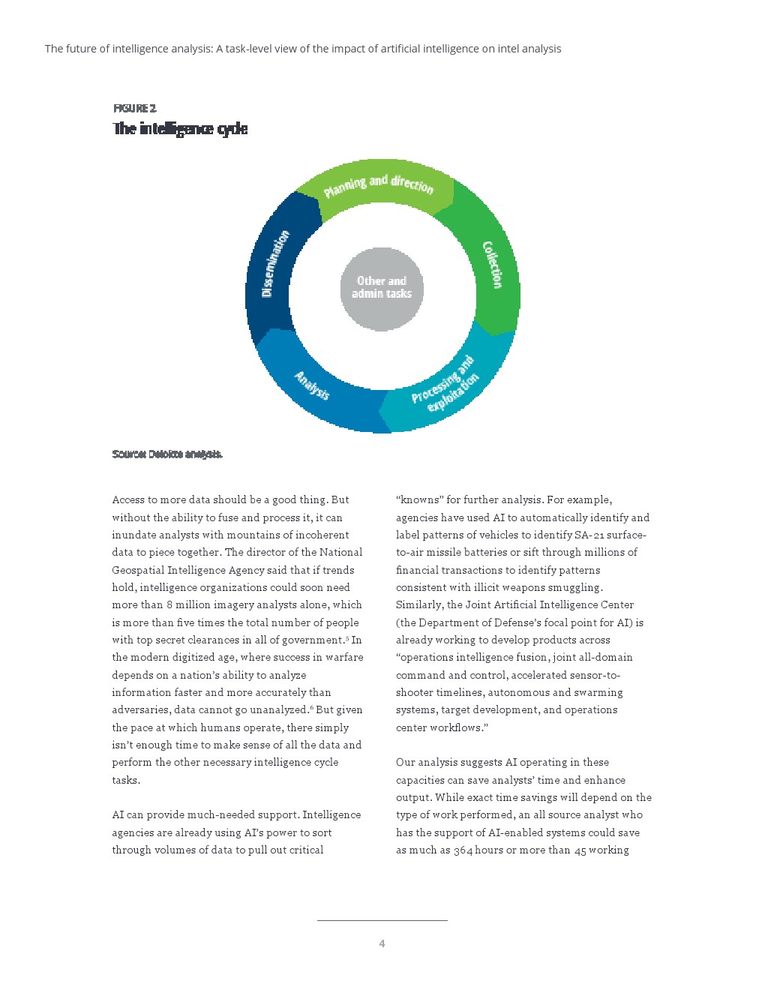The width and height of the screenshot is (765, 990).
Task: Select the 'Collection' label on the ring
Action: pos(492,265)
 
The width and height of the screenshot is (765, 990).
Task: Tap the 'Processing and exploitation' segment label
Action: pos(445,385)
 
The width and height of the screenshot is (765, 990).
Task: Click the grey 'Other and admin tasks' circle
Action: pos(382,288)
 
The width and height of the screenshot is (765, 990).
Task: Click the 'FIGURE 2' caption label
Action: pos(135,108)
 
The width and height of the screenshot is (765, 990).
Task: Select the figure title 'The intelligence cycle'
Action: pos(180,129)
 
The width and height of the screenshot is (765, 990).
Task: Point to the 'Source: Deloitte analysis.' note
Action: pos(167,454)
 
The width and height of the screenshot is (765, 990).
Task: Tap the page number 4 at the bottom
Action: pos(382,943)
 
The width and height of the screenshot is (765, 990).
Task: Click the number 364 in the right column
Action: pos(463,850)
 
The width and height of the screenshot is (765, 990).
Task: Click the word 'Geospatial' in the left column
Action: pos(138,570)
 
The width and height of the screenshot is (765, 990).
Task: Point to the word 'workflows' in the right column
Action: pos(457,727)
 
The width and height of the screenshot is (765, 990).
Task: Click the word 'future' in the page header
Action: pos(87,49)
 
